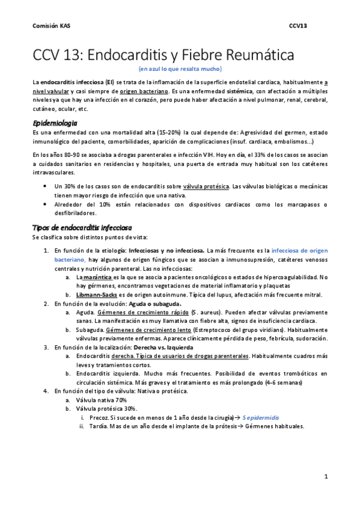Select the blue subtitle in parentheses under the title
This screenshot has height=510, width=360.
tap(179, 70)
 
